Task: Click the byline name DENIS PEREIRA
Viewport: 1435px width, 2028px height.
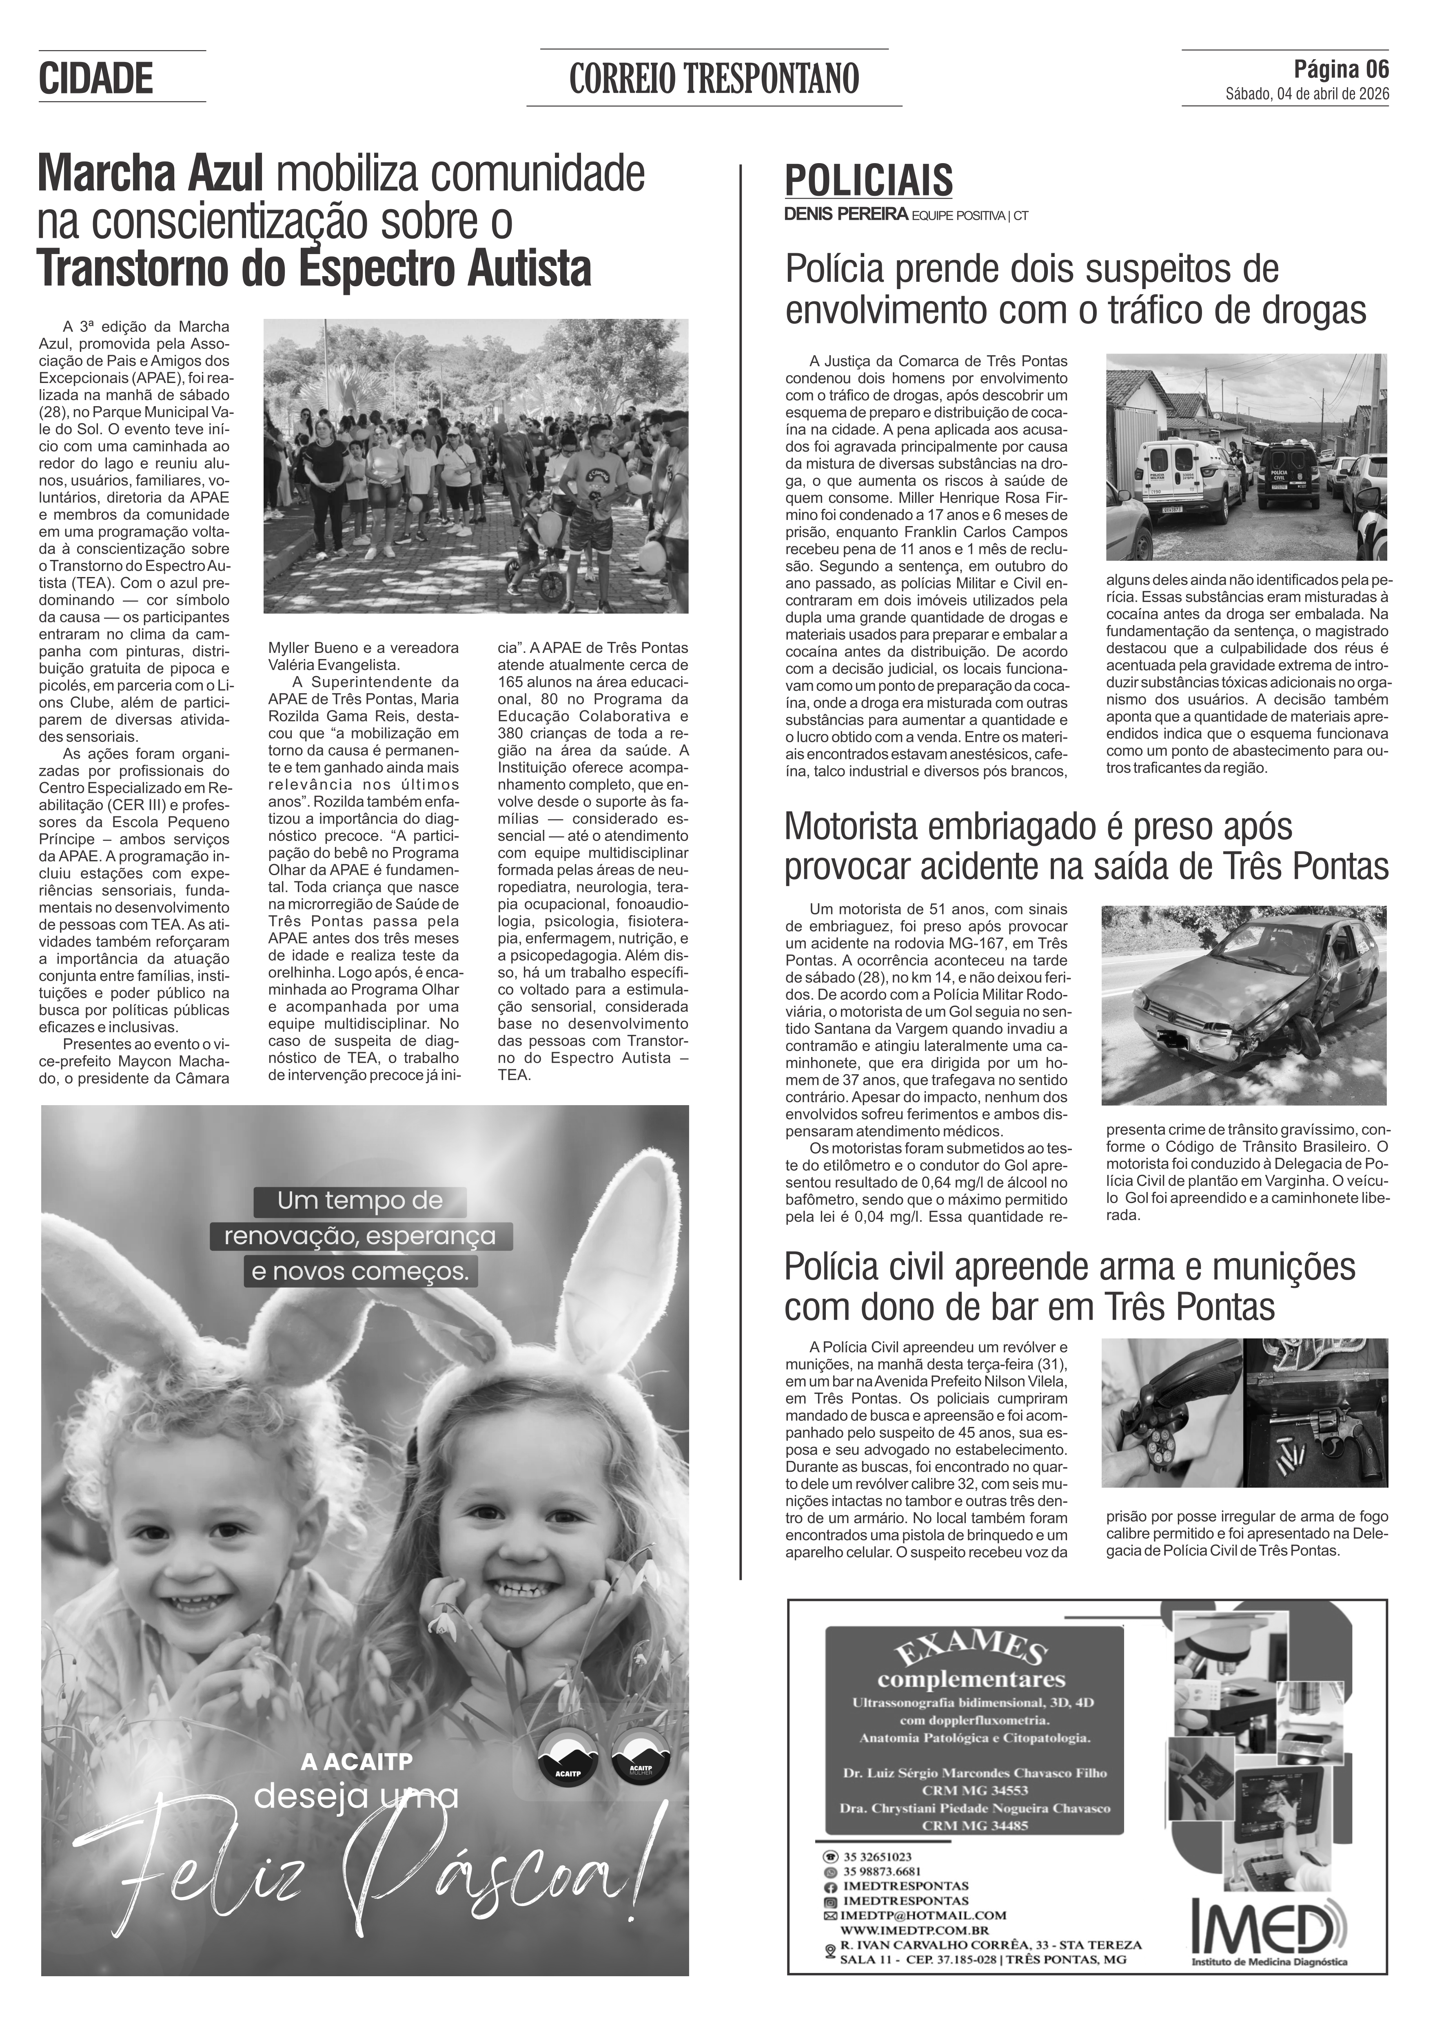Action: pos(846,214)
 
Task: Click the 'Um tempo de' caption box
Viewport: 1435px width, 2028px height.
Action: pos(359,1201)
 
